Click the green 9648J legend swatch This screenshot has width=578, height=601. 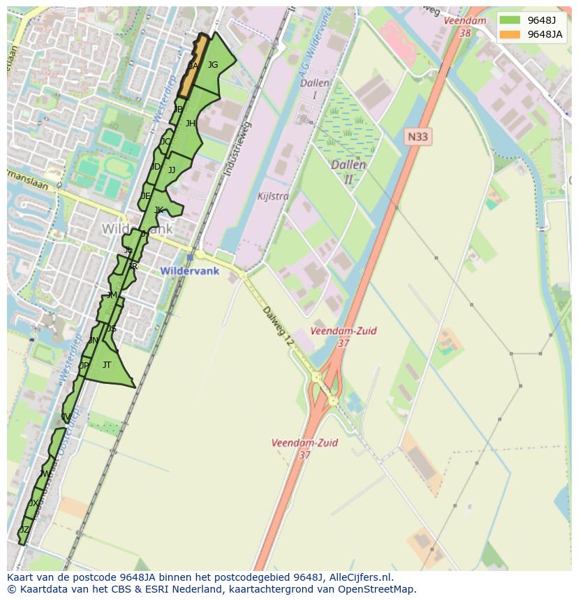click(510, 20)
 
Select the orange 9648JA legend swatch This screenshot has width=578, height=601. click(510, 34)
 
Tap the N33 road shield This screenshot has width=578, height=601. click(417, 137)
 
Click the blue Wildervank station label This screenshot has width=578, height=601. click(189, 271)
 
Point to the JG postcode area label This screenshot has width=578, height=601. click(213, 65)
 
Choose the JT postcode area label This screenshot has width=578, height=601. click(107, 365)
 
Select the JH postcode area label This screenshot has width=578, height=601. click(190, 124)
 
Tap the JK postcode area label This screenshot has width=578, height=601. click(158, 210)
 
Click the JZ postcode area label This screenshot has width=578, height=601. click(24, 530)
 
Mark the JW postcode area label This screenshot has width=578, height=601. click(45, 474)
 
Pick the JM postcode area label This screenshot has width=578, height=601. click(112, 296)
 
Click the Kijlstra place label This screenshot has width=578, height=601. click(273, 196)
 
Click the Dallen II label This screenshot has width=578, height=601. click(348, 172)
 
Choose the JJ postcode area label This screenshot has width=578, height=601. click(172, 170)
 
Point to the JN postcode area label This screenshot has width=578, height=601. click(94, 341)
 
